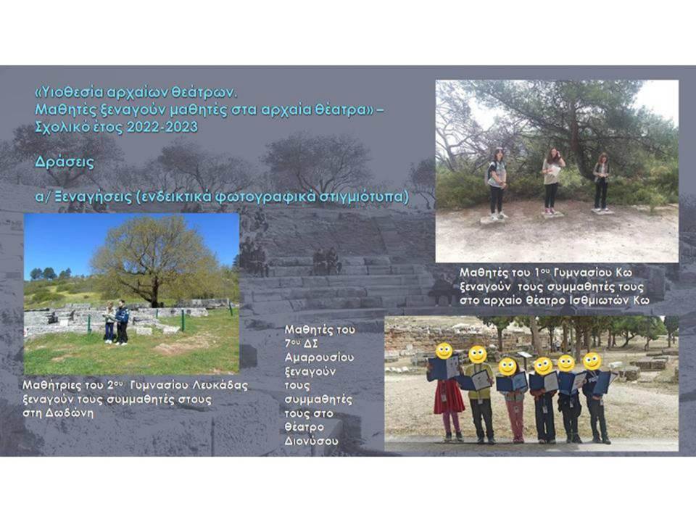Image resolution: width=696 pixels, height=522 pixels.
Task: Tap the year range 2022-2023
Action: coord(162,128)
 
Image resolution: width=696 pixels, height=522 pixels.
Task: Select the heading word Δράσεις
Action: coord(65,162)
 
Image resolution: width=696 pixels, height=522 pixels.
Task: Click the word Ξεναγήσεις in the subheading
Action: coord(94,196)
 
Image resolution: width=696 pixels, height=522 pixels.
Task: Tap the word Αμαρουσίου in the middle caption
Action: coord(319,357)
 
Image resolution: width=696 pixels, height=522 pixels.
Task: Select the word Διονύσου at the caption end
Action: coord(311,442)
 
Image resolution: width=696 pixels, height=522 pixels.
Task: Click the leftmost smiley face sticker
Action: coord(444,351)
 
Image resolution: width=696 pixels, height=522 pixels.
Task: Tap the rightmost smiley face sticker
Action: coord(592,361)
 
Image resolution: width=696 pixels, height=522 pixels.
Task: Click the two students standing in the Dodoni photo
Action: coord(116,323)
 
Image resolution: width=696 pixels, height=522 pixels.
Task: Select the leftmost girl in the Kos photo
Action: coord(497,184)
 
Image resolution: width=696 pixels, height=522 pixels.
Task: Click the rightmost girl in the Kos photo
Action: coord(601,182)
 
